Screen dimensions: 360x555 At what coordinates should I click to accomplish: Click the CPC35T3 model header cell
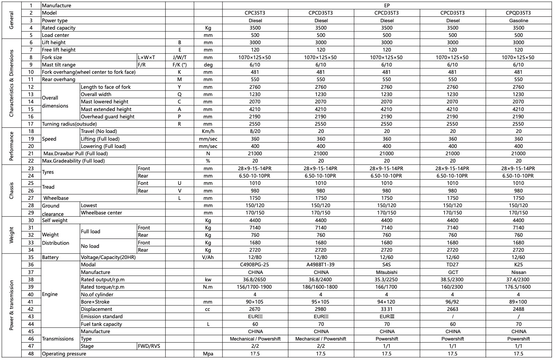coord(255,13)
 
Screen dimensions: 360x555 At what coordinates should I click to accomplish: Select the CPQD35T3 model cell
coord(518,13)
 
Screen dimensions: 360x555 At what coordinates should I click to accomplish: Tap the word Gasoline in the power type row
coord(518,21)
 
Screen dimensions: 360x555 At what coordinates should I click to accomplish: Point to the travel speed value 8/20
coord(255,131)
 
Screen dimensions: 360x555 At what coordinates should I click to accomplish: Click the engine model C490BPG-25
coord(255,265)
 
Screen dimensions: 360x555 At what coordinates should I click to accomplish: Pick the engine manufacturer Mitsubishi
coord(387,272)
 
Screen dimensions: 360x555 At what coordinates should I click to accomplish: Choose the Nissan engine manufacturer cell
coord(518,272)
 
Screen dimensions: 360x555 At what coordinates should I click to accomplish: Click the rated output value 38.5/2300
coord(453,280)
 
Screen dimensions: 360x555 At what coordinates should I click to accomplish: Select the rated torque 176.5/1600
coord(518,287)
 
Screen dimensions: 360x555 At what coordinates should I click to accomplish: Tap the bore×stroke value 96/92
coord(453,302)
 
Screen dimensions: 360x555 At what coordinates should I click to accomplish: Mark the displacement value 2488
coord(518,309)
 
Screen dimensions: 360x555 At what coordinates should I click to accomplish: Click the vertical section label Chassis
coord(11,190)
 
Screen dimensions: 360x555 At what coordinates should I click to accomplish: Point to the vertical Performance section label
coord(11,146)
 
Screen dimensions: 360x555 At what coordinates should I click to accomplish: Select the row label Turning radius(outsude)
coord(69,124)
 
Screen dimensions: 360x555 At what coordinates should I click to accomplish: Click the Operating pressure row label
coord(64,354)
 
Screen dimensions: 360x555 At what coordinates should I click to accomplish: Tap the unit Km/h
coord(208,131)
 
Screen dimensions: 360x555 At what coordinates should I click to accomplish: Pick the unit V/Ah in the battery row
coord(208,257)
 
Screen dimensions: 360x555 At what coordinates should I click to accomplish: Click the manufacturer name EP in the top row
coord(387,6)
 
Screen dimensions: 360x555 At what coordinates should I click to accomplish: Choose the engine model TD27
coord(453,265)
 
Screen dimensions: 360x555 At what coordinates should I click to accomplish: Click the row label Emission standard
coord(102,316)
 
